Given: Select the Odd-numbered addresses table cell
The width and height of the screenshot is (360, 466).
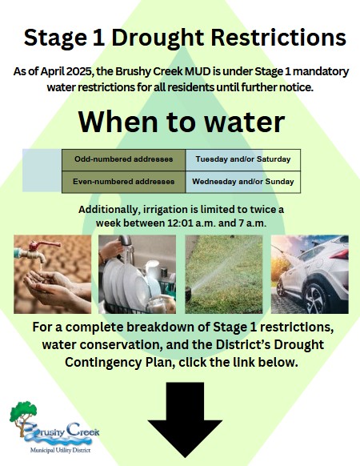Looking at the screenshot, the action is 123,159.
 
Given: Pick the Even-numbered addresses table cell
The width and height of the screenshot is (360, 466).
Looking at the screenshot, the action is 123,182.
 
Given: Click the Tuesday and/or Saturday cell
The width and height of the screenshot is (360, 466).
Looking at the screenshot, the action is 243,159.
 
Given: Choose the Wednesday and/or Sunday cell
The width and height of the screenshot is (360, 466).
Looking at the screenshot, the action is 243,182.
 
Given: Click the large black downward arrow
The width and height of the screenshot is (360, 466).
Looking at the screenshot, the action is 185,420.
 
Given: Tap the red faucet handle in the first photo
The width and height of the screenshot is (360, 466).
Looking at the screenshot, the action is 44,245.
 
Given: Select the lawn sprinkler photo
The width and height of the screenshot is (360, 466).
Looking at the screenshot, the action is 224,275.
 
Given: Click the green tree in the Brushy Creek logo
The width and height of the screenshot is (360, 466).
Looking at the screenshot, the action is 23,412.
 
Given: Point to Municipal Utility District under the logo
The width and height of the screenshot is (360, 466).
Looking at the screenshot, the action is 60,450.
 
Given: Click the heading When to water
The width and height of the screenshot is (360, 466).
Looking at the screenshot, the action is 182,122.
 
